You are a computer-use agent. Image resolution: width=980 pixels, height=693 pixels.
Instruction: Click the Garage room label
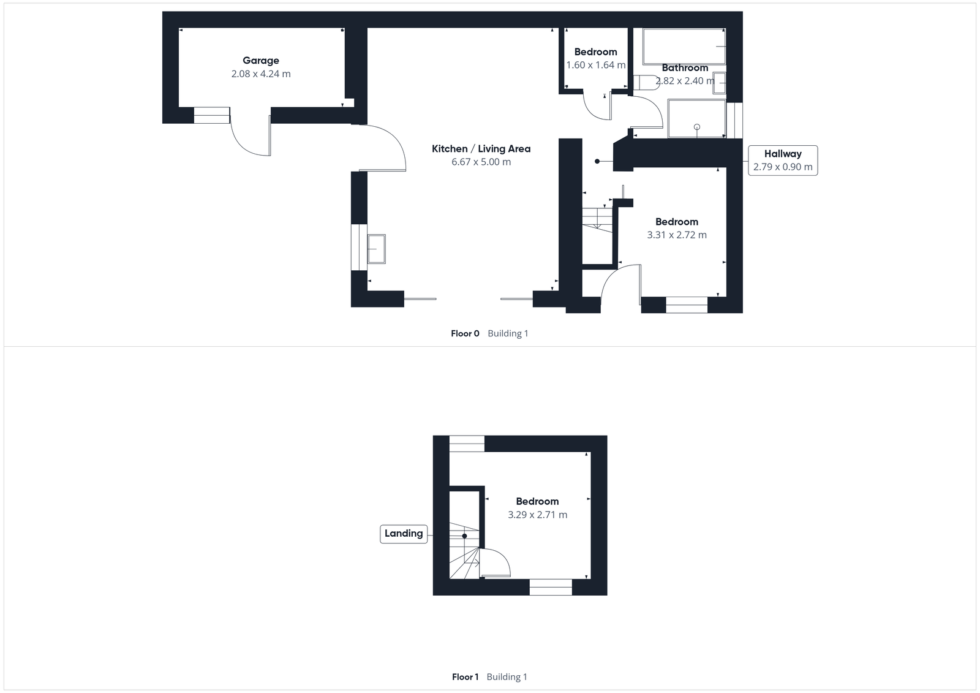[261, 60]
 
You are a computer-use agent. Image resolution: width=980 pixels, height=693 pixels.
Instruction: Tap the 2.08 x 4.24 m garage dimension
[261, 74]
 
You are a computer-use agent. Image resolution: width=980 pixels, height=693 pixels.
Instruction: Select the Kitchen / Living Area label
[481, 148]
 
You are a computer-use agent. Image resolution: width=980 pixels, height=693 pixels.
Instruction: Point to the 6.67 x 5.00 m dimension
[481, 162]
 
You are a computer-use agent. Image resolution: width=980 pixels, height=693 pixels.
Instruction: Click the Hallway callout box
[783, 160]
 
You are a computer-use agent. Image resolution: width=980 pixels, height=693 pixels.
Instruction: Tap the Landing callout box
[404, 533]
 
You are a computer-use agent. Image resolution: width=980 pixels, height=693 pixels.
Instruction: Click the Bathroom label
[685, 68]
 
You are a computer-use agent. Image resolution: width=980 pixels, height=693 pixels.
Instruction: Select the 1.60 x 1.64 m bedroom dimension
[595, 65]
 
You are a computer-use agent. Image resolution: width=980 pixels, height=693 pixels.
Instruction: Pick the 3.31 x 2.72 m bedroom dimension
[677, 235]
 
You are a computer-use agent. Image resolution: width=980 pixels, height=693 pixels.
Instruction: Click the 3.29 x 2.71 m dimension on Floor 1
[537, 515]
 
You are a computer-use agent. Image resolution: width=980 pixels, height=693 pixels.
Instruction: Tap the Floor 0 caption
[465, 333]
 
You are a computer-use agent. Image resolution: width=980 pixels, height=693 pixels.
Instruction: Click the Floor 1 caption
[465, 676]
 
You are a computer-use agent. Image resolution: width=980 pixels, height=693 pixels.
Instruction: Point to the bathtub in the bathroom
[684, 45]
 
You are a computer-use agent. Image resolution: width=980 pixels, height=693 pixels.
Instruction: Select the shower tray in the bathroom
[696, 119]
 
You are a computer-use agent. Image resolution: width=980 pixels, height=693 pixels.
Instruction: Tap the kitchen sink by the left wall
[376, 249]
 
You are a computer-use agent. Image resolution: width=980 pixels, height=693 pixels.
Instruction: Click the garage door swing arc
[250, 138]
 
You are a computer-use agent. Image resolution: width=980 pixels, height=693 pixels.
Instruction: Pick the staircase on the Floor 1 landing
[464, 551]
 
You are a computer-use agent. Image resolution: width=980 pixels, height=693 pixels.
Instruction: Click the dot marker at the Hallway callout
[597, 161]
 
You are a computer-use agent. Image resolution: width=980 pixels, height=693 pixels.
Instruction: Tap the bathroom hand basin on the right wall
[719, 83]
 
